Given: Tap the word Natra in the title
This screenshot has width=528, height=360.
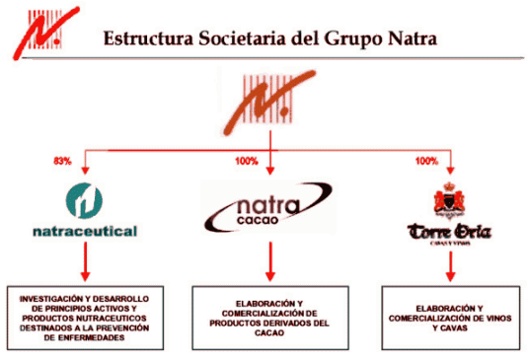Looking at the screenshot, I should click(x=404, y=38).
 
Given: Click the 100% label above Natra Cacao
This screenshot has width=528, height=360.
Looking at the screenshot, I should click(x=248, y=160).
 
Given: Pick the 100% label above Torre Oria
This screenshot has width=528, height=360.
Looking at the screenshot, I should click(x=426, y=160).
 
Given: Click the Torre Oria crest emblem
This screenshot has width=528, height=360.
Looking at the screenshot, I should click(x=450, y=200).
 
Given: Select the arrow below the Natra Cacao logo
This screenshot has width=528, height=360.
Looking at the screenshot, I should click(x=269, y=262).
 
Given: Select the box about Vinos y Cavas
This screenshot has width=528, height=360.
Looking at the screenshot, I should click(x=450, y=315).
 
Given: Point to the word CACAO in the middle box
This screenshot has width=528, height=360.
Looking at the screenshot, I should click(x=269, y=338).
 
